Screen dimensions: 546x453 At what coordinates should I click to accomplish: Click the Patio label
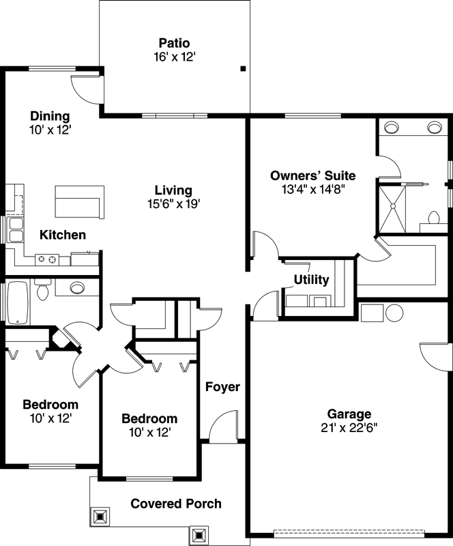point(175,44)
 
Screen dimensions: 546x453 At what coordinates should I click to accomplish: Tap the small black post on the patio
point(242,68)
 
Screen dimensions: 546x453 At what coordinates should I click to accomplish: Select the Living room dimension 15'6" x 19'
point(173,203)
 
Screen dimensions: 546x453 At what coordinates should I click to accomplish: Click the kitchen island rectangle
point(78,201)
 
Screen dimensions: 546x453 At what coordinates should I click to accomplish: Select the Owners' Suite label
point(312,175)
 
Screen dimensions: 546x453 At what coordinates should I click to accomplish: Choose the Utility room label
point(311,280)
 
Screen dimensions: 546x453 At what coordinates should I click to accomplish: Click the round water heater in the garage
point(395,313)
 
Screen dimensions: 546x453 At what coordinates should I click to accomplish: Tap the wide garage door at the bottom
point(349,532)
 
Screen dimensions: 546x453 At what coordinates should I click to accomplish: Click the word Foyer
point(223,387)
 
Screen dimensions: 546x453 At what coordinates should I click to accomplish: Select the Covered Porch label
point(176,504)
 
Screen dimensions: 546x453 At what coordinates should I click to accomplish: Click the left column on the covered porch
point(100,515)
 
